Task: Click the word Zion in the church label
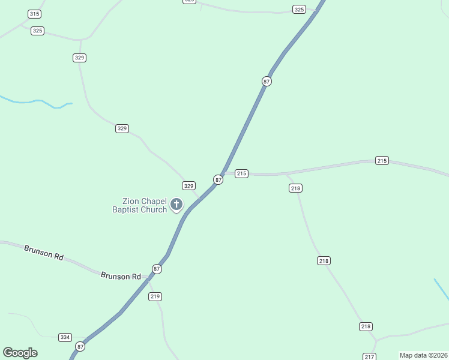point(131,202)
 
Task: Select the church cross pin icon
point(176,205)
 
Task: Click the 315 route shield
point(34,14)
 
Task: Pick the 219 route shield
point(155,296)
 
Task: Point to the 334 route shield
point(65,337)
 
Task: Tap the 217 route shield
point(369,356)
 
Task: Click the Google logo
point(20,353)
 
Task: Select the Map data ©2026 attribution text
point(423,355)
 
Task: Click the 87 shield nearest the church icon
point(218,179)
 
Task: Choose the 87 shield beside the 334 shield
point(80,346)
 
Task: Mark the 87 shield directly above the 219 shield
point(157,269)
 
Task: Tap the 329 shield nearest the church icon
point(188,186)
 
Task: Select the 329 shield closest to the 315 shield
point(79,58)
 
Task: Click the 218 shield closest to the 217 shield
point(366,326)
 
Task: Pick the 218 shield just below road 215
point(295,188)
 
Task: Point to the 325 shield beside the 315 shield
point(37,31)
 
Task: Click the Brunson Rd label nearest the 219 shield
point(121,276)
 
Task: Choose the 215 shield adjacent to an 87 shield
point(241,173)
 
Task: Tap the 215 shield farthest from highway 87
point(382,160)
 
